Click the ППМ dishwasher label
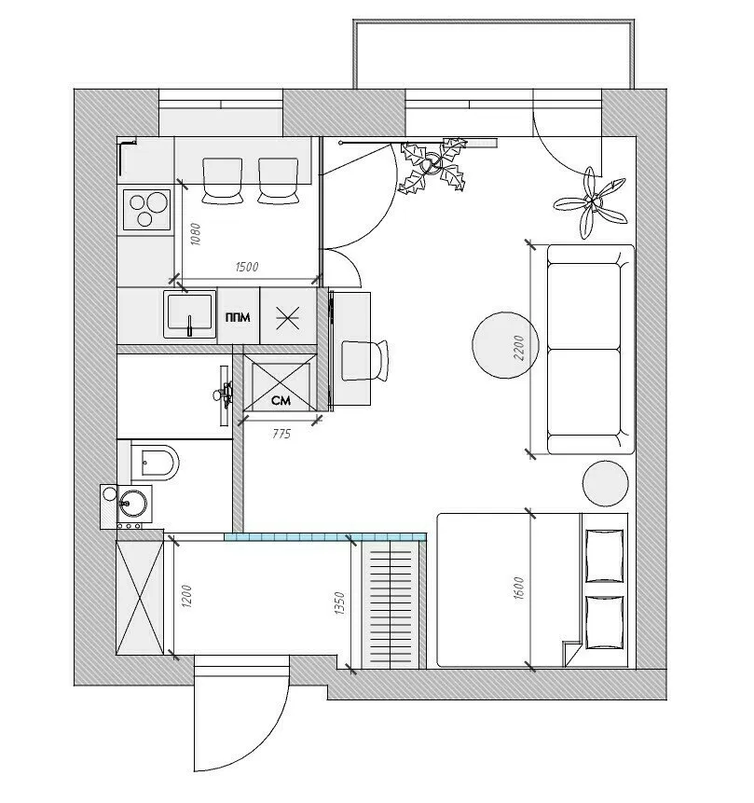(x=238, y=316)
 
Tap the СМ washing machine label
(x=279, y=401)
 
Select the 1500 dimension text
(x=246, y=267)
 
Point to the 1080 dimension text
(x=194, y=233)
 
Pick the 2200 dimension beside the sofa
(x=520, y=349)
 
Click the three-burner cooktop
(x=146, y=209)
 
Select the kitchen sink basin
(x=189, y=314)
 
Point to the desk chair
(x=363, y=360)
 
